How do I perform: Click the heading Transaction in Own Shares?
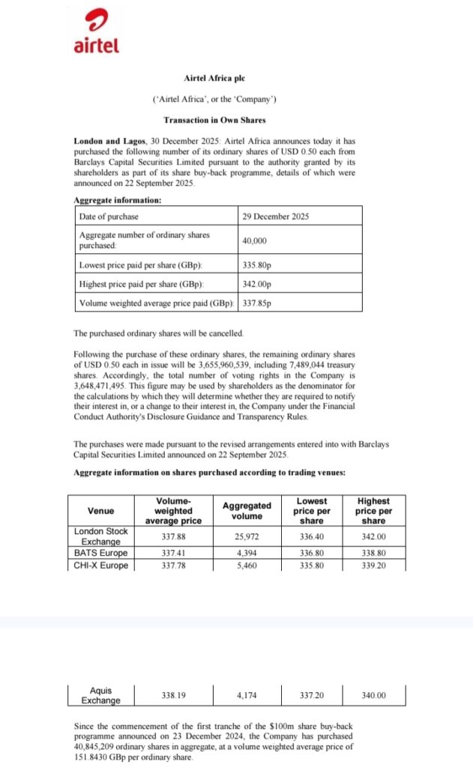tap(214, 120)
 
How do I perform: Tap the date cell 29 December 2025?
tap(276, 216)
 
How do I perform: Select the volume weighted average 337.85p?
tap(257, 303)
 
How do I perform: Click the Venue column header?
tap(101, 511)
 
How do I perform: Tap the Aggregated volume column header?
tap(247, 511)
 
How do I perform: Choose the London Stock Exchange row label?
tap(101, 536)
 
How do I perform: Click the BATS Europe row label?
tap(101, 553)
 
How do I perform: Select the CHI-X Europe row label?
tap(101, 565)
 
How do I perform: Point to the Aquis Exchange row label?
tap(101, 696)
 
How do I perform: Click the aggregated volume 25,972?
tap(247, 536)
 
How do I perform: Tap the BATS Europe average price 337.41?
tap(174, 553)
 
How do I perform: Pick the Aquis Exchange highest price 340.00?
tap(373, 696)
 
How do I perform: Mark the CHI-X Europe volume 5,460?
tap(247, 565)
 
